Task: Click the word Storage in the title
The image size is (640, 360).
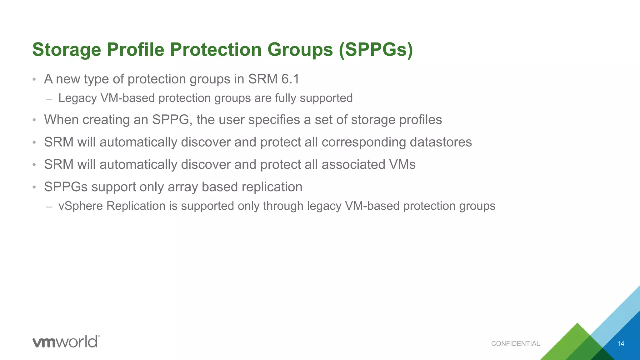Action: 66,50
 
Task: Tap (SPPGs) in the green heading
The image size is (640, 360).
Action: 376,50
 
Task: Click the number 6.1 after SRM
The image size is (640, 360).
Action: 290,79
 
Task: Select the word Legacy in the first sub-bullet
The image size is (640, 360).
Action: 77,98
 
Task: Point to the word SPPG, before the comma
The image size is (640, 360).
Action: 172,120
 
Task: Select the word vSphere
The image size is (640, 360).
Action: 81,206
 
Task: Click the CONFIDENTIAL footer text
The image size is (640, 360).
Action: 515,344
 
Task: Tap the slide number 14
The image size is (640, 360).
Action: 621,344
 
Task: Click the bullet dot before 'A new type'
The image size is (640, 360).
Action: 34,79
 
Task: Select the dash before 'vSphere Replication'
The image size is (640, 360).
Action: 49,207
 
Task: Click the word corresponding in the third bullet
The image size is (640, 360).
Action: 364,142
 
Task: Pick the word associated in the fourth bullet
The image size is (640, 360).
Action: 353,165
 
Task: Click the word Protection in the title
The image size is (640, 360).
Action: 216,50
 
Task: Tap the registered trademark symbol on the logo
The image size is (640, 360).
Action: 99,336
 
